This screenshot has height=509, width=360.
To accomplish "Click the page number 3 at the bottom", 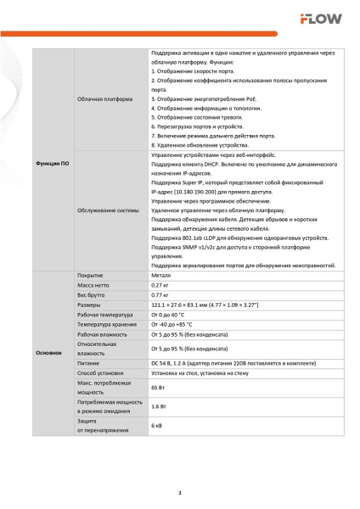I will coord(179,493).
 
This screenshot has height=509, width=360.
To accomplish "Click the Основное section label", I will coord(48,351).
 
